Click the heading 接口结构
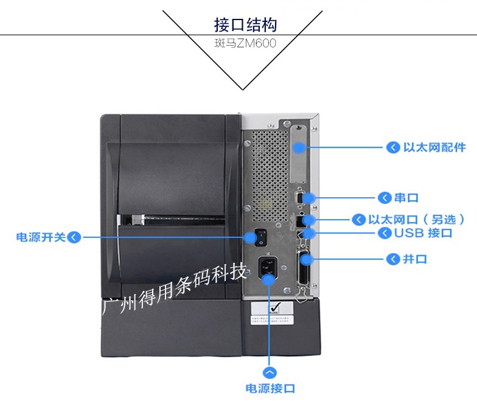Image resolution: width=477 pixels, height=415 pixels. [245, 25]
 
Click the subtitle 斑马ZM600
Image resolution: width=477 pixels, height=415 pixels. [245, 44]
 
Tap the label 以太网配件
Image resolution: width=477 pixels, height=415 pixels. [434, 147]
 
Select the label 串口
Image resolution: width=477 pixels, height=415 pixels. [406, 198]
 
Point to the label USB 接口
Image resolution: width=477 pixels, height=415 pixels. [423, 233]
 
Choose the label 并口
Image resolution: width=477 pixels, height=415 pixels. [414, 259]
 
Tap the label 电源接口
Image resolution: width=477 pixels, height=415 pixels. [270, 388]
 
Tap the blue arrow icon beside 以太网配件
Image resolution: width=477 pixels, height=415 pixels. [392, 147]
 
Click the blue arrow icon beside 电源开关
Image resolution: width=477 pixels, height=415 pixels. [74, 237]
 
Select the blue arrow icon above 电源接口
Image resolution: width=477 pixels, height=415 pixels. [270, 371]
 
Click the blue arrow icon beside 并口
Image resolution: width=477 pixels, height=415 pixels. [392, 259]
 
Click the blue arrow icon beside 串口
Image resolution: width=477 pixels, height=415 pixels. [385, 198]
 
